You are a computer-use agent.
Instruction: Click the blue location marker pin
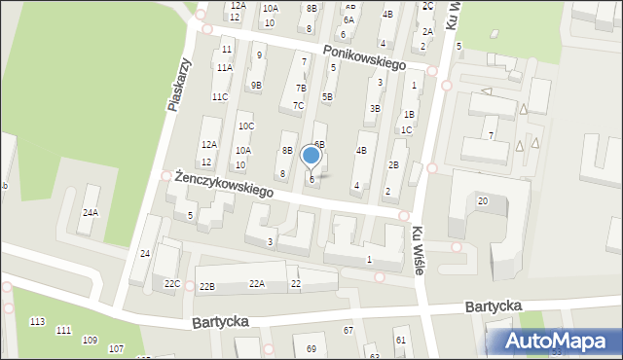point(311,157)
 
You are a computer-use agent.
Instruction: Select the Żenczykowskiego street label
point(223,185)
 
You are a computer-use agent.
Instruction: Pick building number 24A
point(91,212)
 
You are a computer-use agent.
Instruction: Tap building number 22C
point(172,283)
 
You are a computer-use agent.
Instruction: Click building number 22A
point(256,283)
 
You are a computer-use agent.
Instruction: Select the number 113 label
point(38,321)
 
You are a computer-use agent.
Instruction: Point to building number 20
point(482,200)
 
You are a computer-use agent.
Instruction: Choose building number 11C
point(220,96)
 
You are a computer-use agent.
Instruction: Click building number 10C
point(246,126)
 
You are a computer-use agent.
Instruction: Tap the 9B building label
point(255,85)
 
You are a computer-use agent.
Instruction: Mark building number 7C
point(299,105)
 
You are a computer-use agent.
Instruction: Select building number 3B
point(375,108)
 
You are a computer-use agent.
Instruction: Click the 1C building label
point(406,129)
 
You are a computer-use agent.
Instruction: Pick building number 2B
point(393,164)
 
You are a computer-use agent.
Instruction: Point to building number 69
point(311,348)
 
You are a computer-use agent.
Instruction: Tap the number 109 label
point(90,340)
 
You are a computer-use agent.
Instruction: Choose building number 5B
point(327,96)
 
